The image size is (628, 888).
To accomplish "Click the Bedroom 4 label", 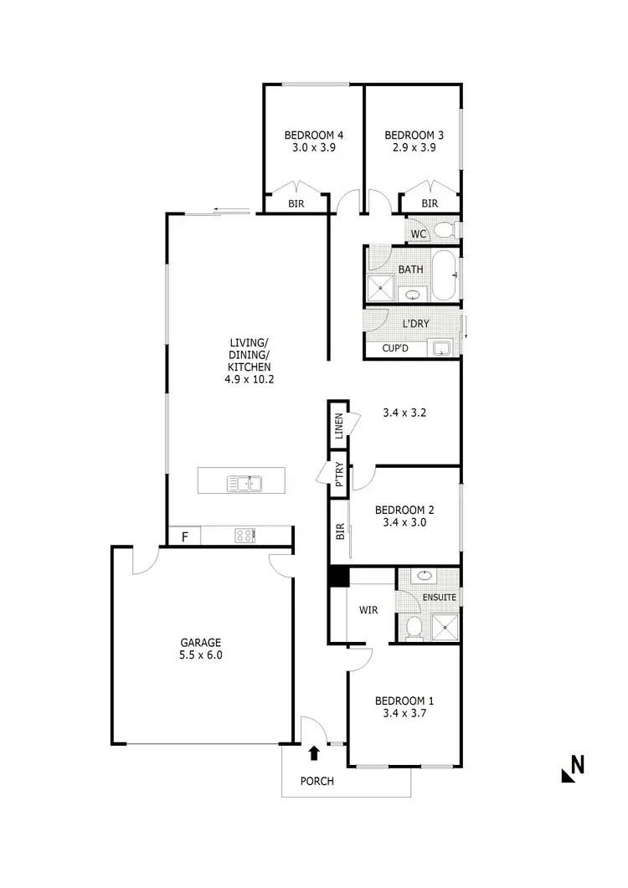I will pos(314,135).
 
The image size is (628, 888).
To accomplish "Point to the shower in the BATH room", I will pos(381,289).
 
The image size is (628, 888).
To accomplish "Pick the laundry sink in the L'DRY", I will pos(441,346).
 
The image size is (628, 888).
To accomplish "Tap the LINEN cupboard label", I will pos(338,427).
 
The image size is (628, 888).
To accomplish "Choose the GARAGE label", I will pos(200,642).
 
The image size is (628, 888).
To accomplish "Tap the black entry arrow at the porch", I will pos(314,753).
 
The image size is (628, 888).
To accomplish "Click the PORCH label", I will pos(317,782).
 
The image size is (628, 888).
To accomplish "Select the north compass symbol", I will pos(572,767).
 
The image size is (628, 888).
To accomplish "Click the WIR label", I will pos(369,610).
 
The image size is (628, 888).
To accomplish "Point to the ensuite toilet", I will pos(412,625).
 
